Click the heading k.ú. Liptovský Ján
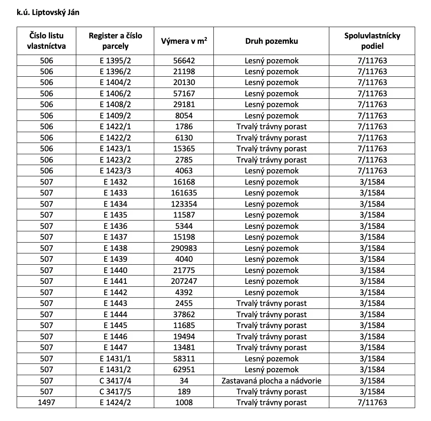pyautogui.click(x=48, y=12)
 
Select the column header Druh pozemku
pyautogui.click(x=271, y=41)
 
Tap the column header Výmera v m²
pyautogui.click(x=184, y=41)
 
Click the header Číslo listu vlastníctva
pyautogui.click(x=46, y=41)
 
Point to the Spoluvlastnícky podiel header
pyautogui.click(x=372, y=41)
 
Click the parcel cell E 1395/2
pyautogui.click(x=115, y=60)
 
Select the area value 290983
pyautogui.click(x=184, y=248)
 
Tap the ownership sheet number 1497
pyautogui.click(x=46, y=403)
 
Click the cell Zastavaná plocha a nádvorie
pyautogui.click(x=271, y=381)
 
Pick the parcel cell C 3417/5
pyautogui.click(x=115, y=392)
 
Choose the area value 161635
pyautogui.click(x=184, y=193)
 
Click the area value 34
pyautogui.click(x=184, y=381)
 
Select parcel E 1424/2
pyautogui.click(x=115, y=403)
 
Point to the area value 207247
pyautogui.click(x=184, y=281)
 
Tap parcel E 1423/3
pyautogui.click(x=115, y=171)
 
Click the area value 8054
pyautogui.click(x=184, y=115)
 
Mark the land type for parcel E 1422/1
pyautogui.click(x=271, y=127)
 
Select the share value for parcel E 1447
pyautogui.click(x=372, y=348)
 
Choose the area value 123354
pyautogui.click(x=184, y=204)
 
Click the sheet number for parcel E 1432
pyautogui.click(x=46, y=182)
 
